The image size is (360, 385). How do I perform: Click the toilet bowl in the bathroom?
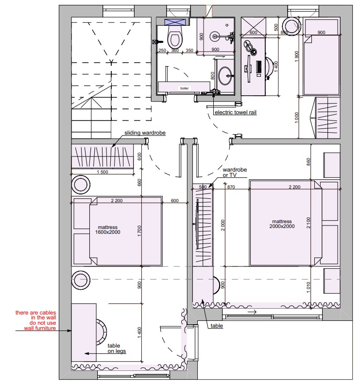pyautogui.click(x=175, y=37)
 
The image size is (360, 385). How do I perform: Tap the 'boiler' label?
pyautogui.click(x=185, y=88)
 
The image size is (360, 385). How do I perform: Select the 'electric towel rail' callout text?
pyautogui.click(x=236, y=112)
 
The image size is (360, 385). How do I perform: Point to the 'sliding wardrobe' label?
pyautogui.click(x=145, y=133)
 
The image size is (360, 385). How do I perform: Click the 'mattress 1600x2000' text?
pyautogui.click(x=108, y=229)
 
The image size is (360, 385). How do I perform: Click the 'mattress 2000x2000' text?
pyautogui.click(x=282, y=224)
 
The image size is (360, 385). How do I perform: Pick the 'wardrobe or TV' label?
pyautogui.click(x=235, y=172)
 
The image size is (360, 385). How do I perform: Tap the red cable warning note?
pyautogui.click(x=36, y=320)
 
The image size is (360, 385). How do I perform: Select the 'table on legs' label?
pyautogui.click(x=117, y=349)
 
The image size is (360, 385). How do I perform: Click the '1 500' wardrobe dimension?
pyautogui.click(x=103, y=172)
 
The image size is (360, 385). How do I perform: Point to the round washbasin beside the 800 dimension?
pyautogui.click(x=225, y=76)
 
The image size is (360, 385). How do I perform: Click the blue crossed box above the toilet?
pyautogui.click(x=175, y=22)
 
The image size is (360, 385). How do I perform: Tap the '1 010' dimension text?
pyautogui.click(x=309, y=287)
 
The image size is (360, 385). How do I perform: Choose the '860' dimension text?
pyautogui.click(x=309, y=162)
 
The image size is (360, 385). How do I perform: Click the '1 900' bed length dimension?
pyautogui.click(x=297, y=56)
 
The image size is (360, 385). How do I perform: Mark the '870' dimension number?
pyautogui.click(x=231, y=187)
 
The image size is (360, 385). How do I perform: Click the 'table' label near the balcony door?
pyautogui.click(x=217, y=326)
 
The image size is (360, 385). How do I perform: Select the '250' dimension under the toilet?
pyautogui.click(x=162, y=51)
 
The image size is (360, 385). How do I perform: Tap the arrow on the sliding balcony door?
pyautogui.click(x=252, y=312)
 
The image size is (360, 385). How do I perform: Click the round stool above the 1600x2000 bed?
pyautogui.click(x=81, y=184)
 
